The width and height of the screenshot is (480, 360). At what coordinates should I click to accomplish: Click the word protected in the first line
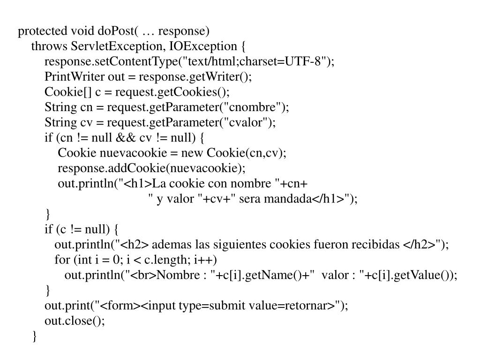point(43,31)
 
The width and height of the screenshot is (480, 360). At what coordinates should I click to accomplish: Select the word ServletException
point(116,46)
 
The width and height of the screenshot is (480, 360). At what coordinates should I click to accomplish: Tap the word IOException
point(203,46)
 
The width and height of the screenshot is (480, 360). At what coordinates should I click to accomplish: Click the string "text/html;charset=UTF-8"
point(255,61)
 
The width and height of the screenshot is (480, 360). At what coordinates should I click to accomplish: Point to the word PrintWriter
point(75,76)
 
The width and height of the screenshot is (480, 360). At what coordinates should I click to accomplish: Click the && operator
point(126,138)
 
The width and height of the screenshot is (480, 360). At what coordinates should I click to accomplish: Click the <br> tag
point(143,275)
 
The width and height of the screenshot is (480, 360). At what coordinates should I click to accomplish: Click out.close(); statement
point(75,321)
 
